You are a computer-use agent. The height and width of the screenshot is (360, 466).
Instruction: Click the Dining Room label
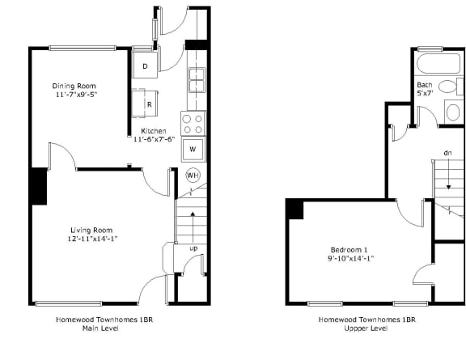74,86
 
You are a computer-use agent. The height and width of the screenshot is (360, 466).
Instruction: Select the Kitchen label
154,130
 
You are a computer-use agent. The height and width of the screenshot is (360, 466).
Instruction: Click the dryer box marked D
145,66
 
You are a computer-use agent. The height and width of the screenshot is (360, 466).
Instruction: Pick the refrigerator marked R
150,104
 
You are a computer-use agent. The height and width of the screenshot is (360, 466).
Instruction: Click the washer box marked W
193,150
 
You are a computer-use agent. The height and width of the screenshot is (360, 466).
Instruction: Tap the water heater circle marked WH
193,175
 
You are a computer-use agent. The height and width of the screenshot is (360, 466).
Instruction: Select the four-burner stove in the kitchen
193,123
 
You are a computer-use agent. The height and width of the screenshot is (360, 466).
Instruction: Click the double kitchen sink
197,81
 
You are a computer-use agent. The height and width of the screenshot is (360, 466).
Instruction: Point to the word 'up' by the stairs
194,247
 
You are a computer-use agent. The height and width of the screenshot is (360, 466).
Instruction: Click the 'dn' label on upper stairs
447,153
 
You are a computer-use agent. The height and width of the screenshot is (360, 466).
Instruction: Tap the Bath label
424,85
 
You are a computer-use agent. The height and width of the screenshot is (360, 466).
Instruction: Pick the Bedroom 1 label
349,248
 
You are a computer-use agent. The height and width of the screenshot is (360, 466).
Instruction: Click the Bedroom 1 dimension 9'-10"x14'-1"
351,258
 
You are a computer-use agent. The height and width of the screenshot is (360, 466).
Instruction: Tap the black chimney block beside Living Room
38,186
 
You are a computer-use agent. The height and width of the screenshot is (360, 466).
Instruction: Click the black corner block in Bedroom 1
294,209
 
